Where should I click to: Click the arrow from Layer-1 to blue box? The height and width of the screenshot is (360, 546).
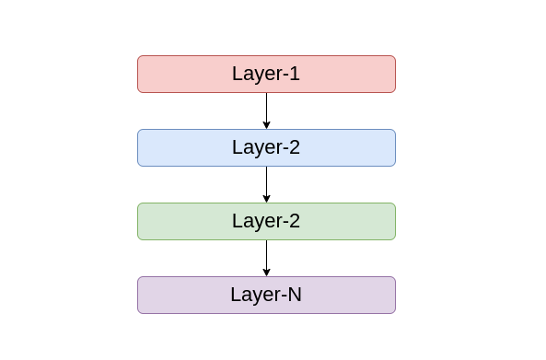(266, 109)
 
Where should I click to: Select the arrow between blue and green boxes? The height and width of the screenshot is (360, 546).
(266, 182)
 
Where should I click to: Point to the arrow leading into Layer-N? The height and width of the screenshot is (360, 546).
(266, 256)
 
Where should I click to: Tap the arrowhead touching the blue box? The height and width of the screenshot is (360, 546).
(266, 124)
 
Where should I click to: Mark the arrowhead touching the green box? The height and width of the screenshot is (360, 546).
(266, 198)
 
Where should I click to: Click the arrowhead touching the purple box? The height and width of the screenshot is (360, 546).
(266, 272)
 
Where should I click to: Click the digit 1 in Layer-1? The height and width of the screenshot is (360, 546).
(295, 74)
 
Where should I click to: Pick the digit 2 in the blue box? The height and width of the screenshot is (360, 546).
(295, 147)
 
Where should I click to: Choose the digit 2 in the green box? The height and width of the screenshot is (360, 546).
(295, 221)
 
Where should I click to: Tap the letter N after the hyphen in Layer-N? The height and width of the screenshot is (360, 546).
(294, 295)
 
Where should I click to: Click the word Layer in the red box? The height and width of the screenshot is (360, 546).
(255, 75)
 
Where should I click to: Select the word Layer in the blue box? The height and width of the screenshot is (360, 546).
(255, 148)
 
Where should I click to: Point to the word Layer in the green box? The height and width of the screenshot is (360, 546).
(255, 222)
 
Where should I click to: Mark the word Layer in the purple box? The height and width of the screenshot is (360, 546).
(253, 296)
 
